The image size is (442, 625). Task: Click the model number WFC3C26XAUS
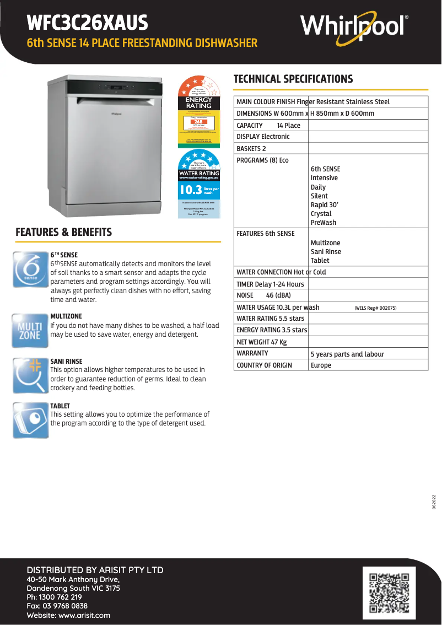pos(88,23)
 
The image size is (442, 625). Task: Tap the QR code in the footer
pos(389,593)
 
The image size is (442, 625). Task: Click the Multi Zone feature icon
pos(31,331)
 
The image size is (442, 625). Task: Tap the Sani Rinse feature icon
pos(31,375)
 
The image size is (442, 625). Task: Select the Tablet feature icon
pos(31,421)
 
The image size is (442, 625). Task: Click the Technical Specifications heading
pos(293,79)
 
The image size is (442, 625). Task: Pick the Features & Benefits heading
pos(64,232)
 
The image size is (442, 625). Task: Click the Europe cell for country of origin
pos(321,365)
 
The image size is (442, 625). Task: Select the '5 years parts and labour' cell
pos(347,354)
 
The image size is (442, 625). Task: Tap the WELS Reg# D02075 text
pos(375,308)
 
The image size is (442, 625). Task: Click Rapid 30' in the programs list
pos(325,204)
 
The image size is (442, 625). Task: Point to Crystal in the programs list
pos(321,213)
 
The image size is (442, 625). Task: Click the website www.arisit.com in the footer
pos(69,615)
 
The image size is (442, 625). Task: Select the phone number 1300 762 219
pos(55,597)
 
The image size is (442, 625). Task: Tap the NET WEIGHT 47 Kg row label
pos(262,342)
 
